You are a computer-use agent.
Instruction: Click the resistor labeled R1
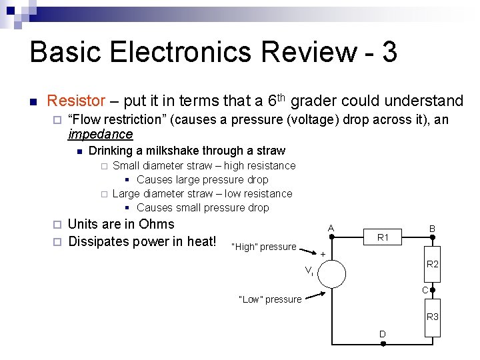click(x=383, y=237)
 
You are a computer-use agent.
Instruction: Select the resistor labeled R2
click(x=433, y=264)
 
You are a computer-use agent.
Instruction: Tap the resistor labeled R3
click(x=433, y=317)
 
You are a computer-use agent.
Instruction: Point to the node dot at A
click(x=331, y=237)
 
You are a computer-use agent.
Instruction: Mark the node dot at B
click(x=433, y=237)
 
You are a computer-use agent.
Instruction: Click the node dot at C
click(x=433, y=291)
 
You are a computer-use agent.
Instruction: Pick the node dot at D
click(x=383, y=344)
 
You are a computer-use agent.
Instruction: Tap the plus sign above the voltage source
click(x=323, y=255)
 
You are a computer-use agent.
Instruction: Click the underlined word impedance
click(x=100, y=134)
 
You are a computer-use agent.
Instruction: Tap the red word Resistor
click(x=76, y=101)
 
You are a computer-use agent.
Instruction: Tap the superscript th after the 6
click(x=282, y=97)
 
